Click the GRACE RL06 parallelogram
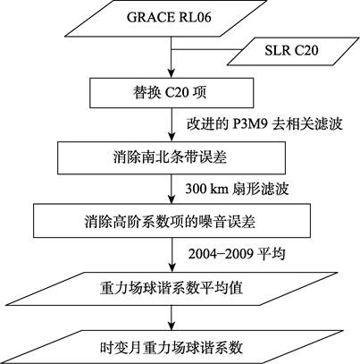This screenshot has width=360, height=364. pos(165,19)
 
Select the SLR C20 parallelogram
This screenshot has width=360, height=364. pos(293,51)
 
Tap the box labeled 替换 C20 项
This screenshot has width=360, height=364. pos(172,93)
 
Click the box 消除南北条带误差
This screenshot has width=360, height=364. pos(172,157)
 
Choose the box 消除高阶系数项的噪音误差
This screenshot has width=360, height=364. pos(172,221)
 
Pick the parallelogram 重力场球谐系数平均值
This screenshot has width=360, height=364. pos(172,289)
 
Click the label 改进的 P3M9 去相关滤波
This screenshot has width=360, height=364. pos(264,124)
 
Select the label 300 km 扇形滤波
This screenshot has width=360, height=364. pos(237,189)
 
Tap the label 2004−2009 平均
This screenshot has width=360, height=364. pos(237,254)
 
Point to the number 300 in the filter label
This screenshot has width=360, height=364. pos(195,189)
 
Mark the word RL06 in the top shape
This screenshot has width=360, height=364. pos(195,17)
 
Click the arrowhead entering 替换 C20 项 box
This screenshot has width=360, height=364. pos(172,74)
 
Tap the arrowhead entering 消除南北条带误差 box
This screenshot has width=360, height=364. pos(172,138)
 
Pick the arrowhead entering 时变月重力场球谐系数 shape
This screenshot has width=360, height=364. pos(172,326)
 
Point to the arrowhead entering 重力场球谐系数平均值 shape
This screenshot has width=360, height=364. pos(172,268)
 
